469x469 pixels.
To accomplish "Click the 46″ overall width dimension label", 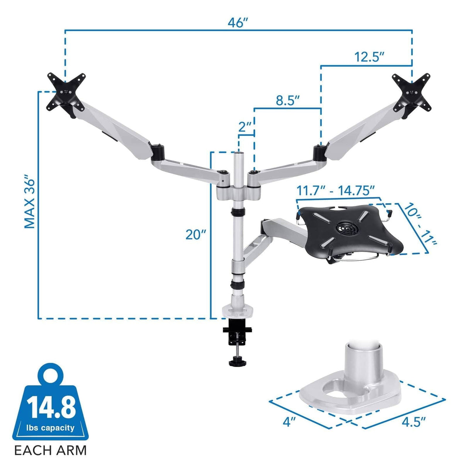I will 237,23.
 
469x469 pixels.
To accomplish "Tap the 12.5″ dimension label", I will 370,57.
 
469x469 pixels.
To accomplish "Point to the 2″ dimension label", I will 245,127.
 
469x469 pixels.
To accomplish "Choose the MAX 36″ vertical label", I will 30,203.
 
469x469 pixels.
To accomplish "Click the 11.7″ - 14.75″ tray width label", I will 336,191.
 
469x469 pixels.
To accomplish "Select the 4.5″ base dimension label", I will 413,422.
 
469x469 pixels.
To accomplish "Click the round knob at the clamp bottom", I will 235,362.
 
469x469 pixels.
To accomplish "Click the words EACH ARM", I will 50,450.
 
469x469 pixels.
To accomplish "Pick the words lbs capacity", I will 50,428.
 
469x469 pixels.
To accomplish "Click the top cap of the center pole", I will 239,155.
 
